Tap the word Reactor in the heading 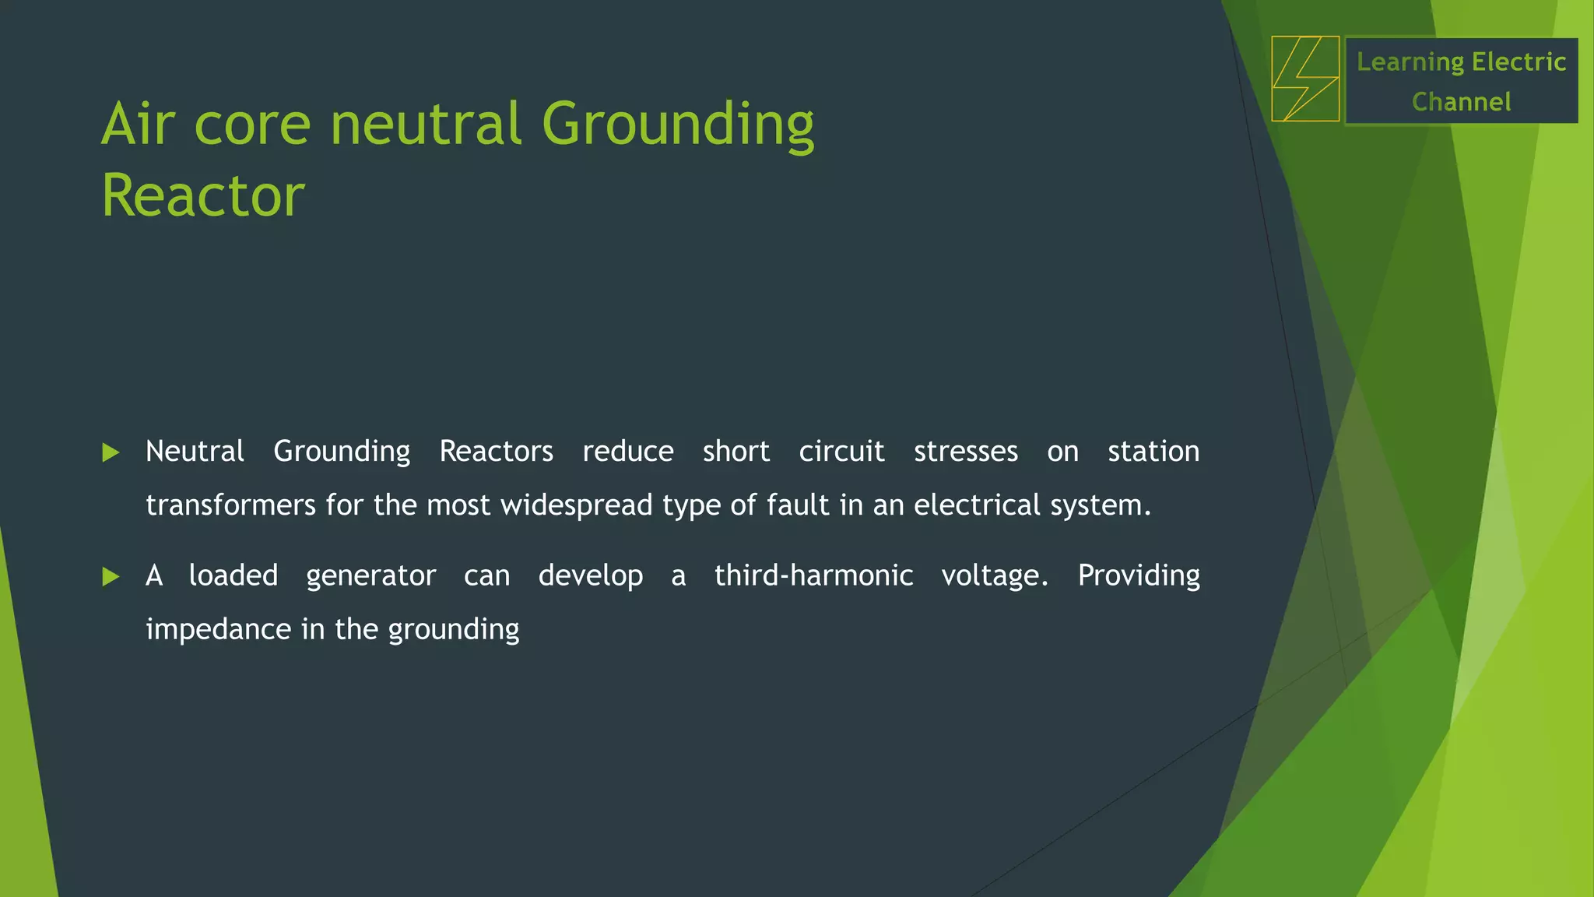pos(203,195)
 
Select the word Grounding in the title pos(677,125)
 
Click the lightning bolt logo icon pos(1305,79)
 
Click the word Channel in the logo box pos(1461,102)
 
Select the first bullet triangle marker pos(111,452)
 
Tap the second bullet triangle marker pos(111,577)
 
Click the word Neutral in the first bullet pos(195,452)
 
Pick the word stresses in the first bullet pos(965,452)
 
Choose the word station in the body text pos(1153,452)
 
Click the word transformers pos(230,505)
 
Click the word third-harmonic pos(813,575)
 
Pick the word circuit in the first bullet pos(841,452)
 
